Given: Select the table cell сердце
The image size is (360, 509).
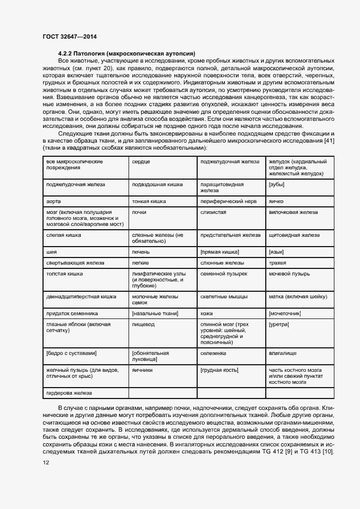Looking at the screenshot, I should (141, 162).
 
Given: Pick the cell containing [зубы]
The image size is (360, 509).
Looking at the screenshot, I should (278, 185).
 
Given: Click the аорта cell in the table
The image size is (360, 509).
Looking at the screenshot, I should (53, 201).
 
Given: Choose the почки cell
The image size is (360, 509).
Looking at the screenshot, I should (139, 212).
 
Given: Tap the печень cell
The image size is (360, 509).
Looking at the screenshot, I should (140, 252).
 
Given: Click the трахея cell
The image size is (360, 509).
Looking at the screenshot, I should (278, 263).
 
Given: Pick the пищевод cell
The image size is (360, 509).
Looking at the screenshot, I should (143, 324).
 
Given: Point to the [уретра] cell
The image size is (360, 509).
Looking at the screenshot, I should (279, 324).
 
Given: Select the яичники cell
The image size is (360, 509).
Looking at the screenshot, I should (142, 370).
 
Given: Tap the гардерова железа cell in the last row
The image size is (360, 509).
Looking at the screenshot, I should (69, 393).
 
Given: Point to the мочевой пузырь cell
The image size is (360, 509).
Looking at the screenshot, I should (290, 274).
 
